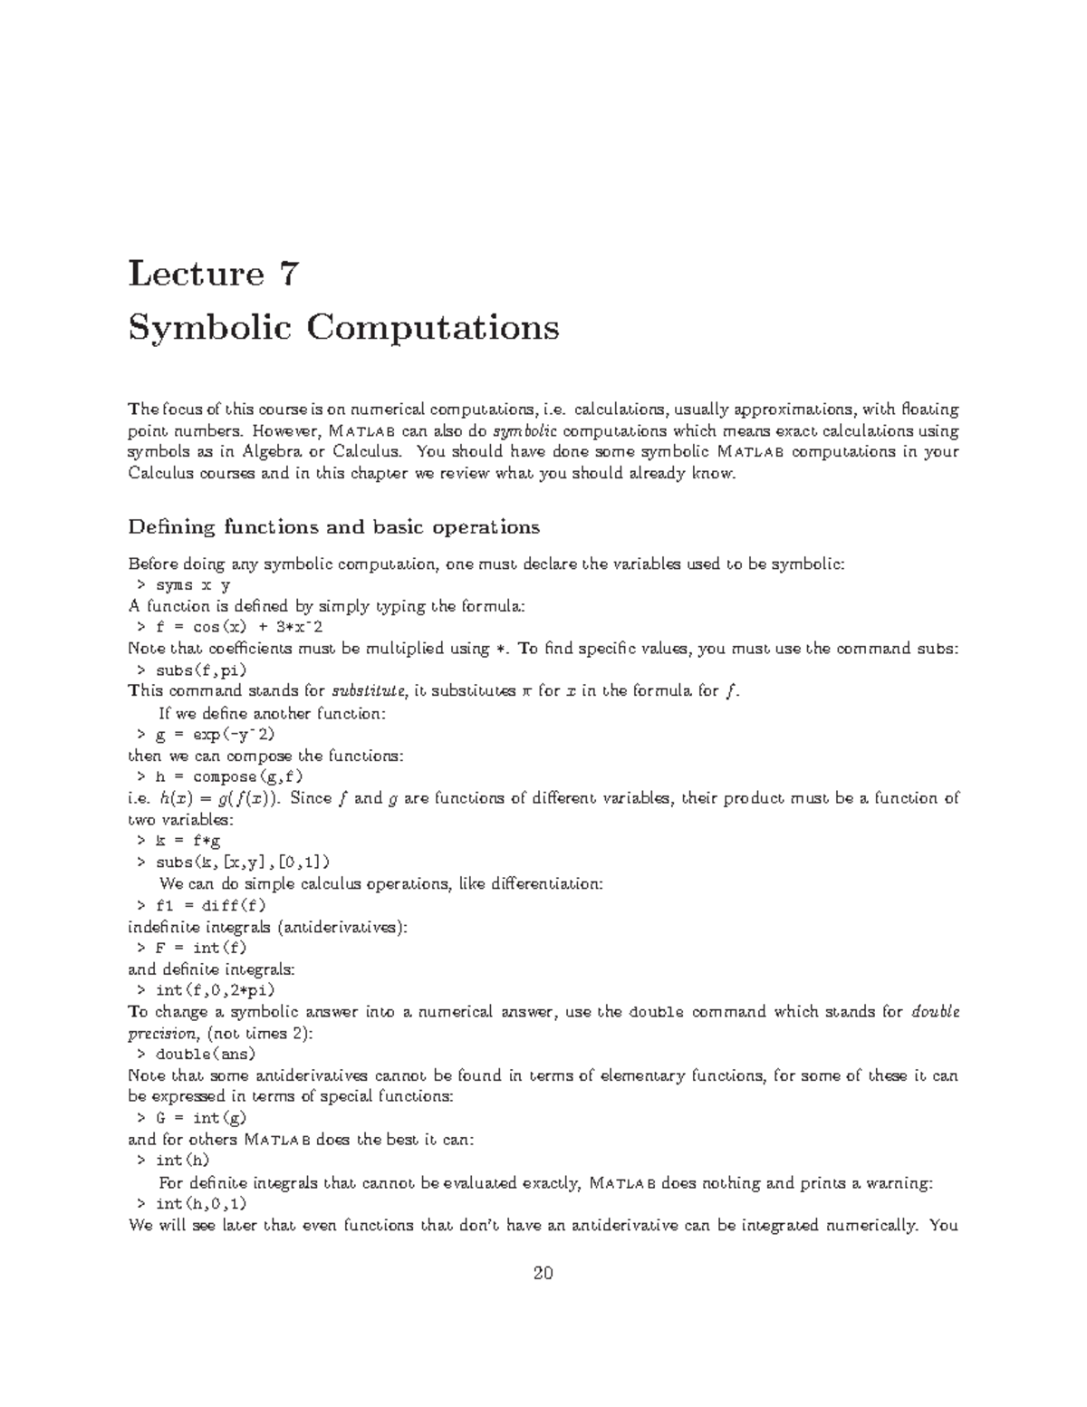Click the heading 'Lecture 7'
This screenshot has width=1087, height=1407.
point(213,273)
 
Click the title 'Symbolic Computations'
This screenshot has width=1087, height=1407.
point(343,327)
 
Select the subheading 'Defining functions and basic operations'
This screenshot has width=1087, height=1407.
point(333,527)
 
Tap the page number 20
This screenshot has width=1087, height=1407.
point(543,1273)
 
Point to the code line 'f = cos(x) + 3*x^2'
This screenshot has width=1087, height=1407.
point(227,628)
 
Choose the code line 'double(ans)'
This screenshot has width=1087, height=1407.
point(206,1055)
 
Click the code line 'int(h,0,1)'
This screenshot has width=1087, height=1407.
point(200,1204)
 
